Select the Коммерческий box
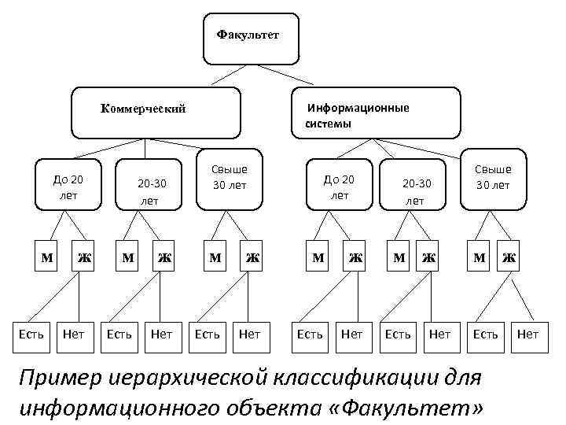tap(155, 110)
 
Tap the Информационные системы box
tap(376, 115)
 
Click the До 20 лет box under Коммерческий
tap(68, 187)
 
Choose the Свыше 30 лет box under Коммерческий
tap(229, 178)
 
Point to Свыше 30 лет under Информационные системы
tap(492, 178)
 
